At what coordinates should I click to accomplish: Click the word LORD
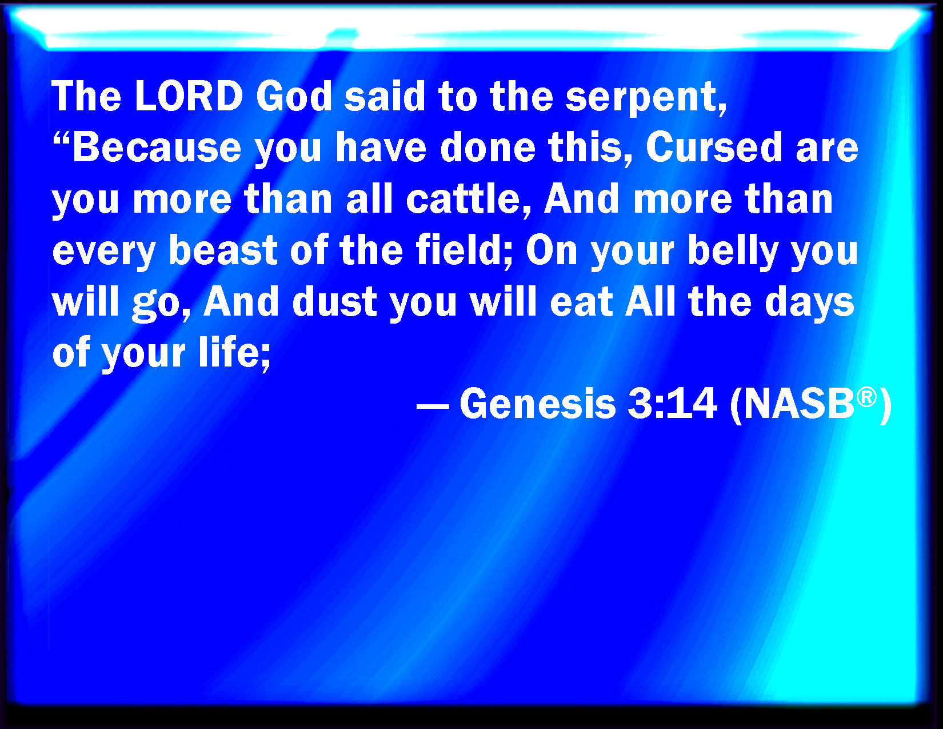pyautogui.click(x=189, y=96)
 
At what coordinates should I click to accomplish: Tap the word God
pyautogui.click(x=294, y=96)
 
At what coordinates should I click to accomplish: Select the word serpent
pyautogui.click(x=646, y=99)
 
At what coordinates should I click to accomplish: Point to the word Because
pyautogui.click(x=157, y=148)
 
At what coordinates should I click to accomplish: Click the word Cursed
pyautogui.click(x=714, y=148)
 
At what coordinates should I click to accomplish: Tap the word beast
pyautogui.click(x=223, y=250)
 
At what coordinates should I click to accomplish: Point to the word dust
pyautogui.click(x=334, y=301)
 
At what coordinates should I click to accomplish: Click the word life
pyautogui.click(x=234, y=352)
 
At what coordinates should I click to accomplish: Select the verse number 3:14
pyautogui.click(x=672, y=404)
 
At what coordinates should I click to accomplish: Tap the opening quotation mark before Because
pyautogui.click(x=62, y=139)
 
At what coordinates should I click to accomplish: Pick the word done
pyautogui.click(x=488, y=148)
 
